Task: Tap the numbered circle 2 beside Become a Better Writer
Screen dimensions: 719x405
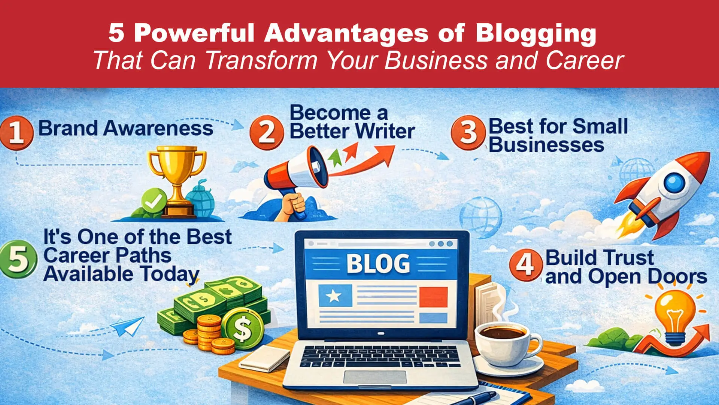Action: click(267, 132)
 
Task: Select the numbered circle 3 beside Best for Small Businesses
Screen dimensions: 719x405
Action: click(468, 132)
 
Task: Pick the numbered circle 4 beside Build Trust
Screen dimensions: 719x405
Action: click(526, 265)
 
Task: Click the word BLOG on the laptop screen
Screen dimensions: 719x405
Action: click(378, 264)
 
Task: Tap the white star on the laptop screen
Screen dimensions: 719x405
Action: click(334, 296)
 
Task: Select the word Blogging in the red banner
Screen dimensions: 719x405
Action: click(536, 33)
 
